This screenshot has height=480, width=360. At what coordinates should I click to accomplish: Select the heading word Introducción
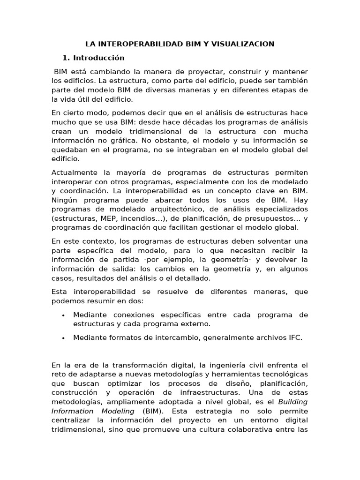[x=99, y=58]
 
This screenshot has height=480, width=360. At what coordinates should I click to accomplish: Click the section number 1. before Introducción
[x=66, y=58]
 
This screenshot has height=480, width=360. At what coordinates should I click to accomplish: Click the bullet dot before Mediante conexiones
[x=63, y=315]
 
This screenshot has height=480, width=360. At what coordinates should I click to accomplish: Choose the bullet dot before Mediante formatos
[x=63, y=338]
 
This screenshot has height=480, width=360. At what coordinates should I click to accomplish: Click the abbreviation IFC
[x=295, y=337]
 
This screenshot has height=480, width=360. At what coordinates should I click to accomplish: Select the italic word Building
[x=293, y=402]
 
